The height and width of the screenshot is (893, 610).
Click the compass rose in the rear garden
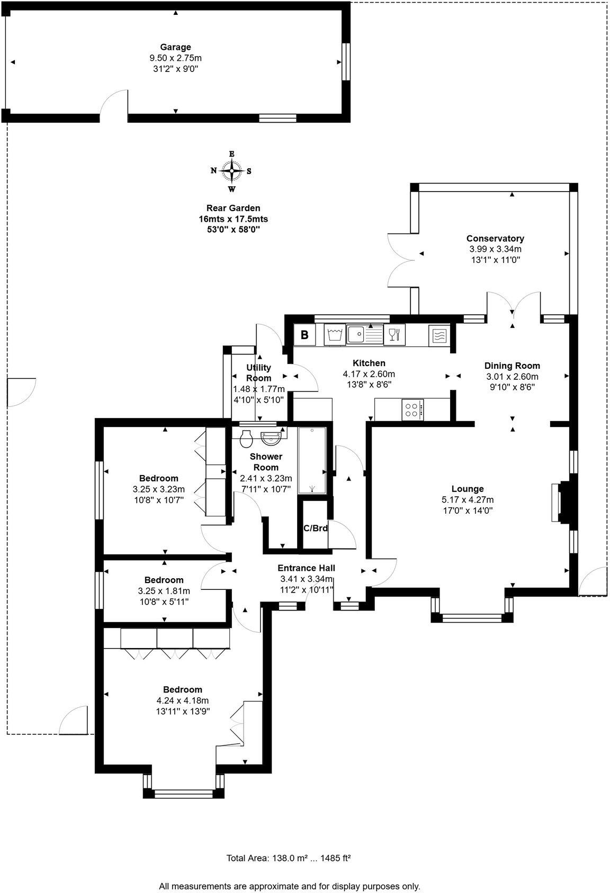click(x=231, y=171)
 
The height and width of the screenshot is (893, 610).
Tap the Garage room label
click(x=176, y=47)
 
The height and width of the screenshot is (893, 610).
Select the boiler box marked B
click(x=304, y=334)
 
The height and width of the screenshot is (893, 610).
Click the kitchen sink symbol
click(x=365, y=334)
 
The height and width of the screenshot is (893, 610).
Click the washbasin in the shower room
click(x=272, y=438)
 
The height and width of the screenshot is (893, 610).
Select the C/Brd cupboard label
click(x=315, y=528)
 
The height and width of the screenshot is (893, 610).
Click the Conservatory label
click(x=495, y=239)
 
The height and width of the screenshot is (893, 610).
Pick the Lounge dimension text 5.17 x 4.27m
click(x=468, y=499)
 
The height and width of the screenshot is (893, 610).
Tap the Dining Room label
click(x=512, y=366)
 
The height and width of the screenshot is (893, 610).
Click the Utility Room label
click(x=258, y=373)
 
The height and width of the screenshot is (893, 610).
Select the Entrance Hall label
click(x=307, y=568)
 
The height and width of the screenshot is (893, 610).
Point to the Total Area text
click(x=289, y=858)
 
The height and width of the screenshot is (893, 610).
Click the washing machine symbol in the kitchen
click(x=335, y=334)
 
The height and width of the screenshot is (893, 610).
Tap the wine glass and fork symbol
click(x=394, y=334)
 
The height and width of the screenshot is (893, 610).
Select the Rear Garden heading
click(x=233, y=208)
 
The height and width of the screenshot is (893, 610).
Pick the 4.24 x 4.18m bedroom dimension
click(x=183, y=700)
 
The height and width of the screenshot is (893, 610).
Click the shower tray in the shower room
click(x=312, y=460)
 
